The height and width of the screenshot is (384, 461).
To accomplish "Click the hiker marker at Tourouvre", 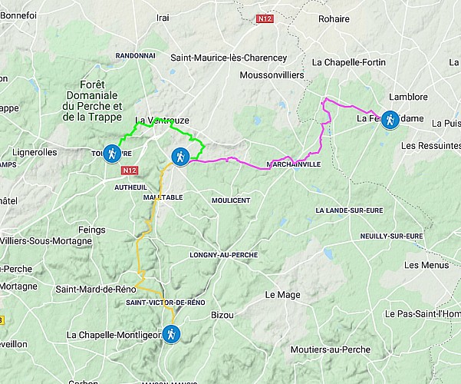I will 113,154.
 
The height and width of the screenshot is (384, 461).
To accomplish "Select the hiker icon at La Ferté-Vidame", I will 390,120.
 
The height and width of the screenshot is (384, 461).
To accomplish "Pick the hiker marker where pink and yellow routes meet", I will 179,157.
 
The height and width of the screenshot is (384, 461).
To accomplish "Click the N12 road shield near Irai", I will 265,17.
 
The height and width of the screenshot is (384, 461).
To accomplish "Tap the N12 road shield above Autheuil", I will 130,170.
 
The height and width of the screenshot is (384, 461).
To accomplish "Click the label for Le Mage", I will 281,294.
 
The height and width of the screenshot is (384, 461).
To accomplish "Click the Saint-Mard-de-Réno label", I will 96,289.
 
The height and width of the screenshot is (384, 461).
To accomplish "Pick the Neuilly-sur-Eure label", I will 390,236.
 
